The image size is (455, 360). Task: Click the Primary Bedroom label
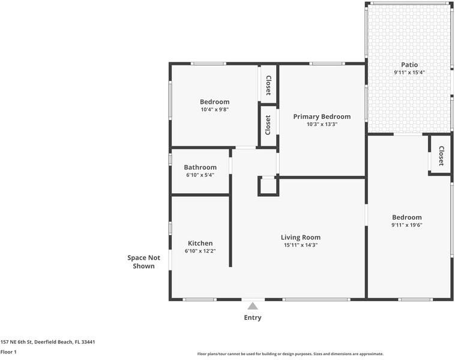click(x=322, y=116)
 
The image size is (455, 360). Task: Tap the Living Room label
click(x=301, y=237)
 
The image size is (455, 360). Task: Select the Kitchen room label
click(x=200, y=243)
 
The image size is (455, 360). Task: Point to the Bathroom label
click(x=200, y=167)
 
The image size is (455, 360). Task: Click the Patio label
click(x=409, y=65)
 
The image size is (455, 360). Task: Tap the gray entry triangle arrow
click(x=253, y=306)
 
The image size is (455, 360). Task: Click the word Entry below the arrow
click(x=253, y=317)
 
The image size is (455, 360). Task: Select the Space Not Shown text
click(x=143, y=262)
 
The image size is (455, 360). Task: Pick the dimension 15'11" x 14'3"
click(x=301, y=245)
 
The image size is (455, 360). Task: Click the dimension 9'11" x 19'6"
click(x=407, y=225)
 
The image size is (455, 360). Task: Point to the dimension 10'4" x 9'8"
click(x=215, y=109)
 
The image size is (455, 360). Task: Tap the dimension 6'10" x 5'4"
click(x=200, y=175)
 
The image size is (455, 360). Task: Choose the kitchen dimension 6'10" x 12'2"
click(x=200, y=251)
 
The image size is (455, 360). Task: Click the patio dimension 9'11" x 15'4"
click(x=409, y=72)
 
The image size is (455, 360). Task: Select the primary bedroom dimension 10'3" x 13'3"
click(x=322, y=124)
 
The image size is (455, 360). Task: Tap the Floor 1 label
click(x=8, y=352)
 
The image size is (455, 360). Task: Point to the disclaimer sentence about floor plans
click(x=290, y=354)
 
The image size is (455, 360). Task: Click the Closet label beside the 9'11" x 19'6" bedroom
click(x=441, y=156)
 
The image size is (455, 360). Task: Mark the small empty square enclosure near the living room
click(x=268, y=186)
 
